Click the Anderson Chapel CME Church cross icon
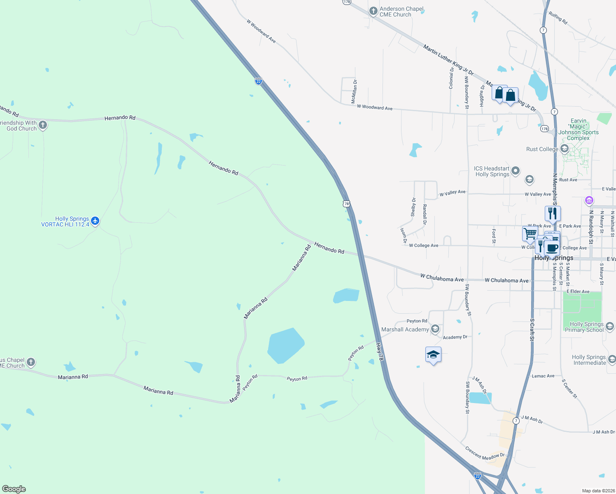(373, 11)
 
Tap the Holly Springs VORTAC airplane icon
(95, 221)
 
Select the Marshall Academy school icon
(435, 329)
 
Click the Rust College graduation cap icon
(565, 149)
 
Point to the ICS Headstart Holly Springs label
(492, 171)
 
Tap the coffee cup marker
(552, 249)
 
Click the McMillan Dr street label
(354, 91)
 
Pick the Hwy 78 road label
(380, 352)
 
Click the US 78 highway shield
(346, 203)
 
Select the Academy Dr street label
(455, 337)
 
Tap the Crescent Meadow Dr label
(485, 453)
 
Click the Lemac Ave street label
(543, 376)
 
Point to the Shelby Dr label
(413, 207)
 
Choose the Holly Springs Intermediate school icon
(612, 359)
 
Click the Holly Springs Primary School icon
(610, 326)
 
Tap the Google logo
(14, 489)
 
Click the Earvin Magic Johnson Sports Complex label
(579, 130)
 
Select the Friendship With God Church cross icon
(43, 125)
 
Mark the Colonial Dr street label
(451, 78)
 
